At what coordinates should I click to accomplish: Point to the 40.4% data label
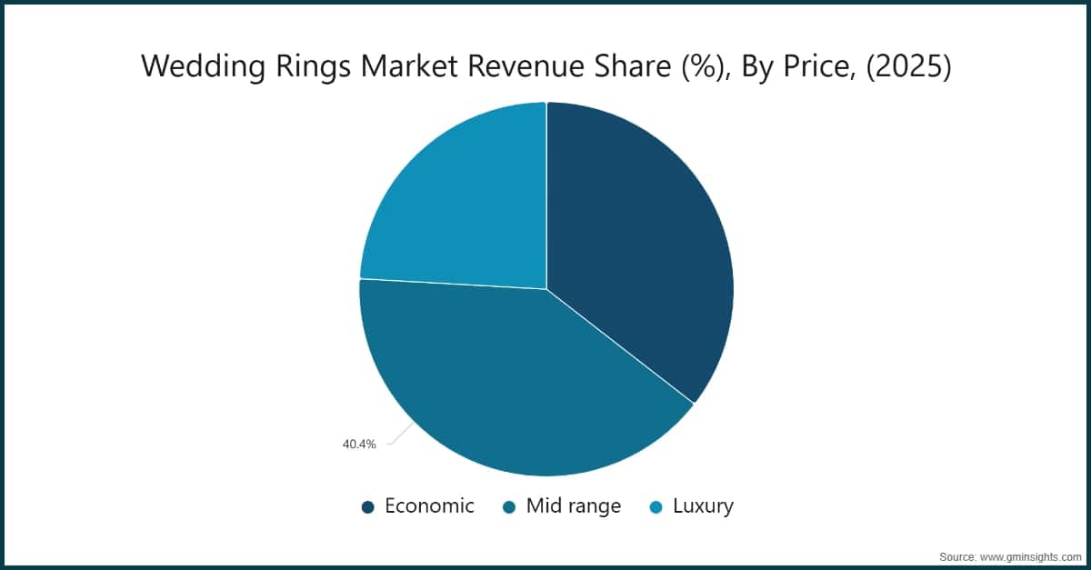coord(359,445)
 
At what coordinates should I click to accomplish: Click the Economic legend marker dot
coord(367,507)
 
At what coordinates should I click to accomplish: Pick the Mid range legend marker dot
coord(509,507)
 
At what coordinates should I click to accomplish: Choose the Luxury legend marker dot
coord(656,507)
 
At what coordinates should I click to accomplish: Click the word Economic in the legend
coord(429,506)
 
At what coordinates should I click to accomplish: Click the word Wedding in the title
coord(204,66)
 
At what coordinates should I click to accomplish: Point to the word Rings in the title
coord(313,66)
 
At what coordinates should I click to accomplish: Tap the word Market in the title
coord(408,65)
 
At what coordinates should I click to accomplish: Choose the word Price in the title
coord(819,66)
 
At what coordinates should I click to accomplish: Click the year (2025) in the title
coord(909,66)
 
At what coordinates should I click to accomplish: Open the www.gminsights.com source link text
coord(1030,557)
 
